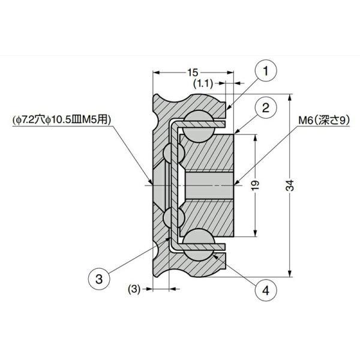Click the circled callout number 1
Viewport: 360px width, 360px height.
click(266, 70)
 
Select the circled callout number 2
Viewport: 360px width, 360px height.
click(266, 107)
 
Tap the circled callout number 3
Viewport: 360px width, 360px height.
click(99, 279)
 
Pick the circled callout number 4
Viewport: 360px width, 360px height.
click(266, 290)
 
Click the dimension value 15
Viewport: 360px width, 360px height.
click(193, 73)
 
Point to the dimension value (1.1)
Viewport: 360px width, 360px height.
click(203, 83)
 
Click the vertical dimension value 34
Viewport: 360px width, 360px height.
click(290, 185)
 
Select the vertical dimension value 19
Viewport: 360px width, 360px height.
click(256, 185)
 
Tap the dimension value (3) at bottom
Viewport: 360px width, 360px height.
click(134, 289)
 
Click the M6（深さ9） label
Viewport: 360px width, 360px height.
click(324, 120)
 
